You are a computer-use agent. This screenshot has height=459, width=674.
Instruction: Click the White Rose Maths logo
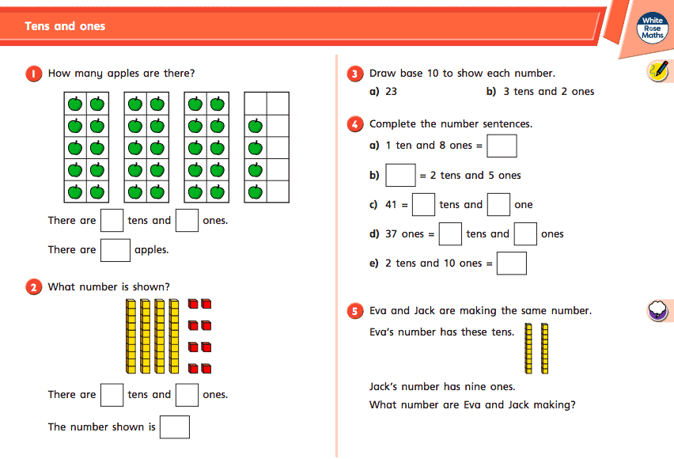[653, 28]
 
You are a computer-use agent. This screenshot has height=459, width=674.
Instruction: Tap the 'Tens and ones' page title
[65, 26]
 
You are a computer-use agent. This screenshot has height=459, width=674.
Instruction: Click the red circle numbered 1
[34, 74]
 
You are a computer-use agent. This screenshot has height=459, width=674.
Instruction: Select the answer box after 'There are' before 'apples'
[115, 249]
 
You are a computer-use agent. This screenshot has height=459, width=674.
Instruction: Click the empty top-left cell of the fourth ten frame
[255, 104]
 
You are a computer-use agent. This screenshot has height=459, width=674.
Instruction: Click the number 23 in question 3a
[391, 92]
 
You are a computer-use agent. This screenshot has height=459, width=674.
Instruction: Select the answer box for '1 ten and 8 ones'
[502, 146]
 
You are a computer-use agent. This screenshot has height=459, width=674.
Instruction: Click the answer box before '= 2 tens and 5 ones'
[400, 175]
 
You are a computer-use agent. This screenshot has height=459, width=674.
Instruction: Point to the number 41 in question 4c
[391, 205]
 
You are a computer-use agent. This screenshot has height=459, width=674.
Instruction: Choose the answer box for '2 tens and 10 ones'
[512, 263]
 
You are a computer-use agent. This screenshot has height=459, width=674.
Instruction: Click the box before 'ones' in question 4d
[525, 234]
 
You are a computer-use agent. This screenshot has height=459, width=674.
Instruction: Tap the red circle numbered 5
[356, 312]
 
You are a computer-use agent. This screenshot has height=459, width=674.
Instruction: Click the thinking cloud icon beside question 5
[658, 310]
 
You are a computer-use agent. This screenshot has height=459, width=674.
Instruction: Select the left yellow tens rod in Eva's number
[528, 348]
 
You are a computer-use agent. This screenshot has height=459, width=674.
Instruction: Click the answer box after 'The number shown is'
[175, 427]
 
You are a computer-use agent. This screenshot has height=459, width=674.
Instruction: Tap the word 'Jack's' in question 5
[387, 387]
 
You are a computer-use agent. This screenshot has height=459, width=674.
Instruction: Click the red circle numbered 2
[34, 287]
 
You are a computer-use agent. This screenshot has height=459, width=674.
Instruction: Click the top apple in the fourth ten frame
[255, 126]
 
